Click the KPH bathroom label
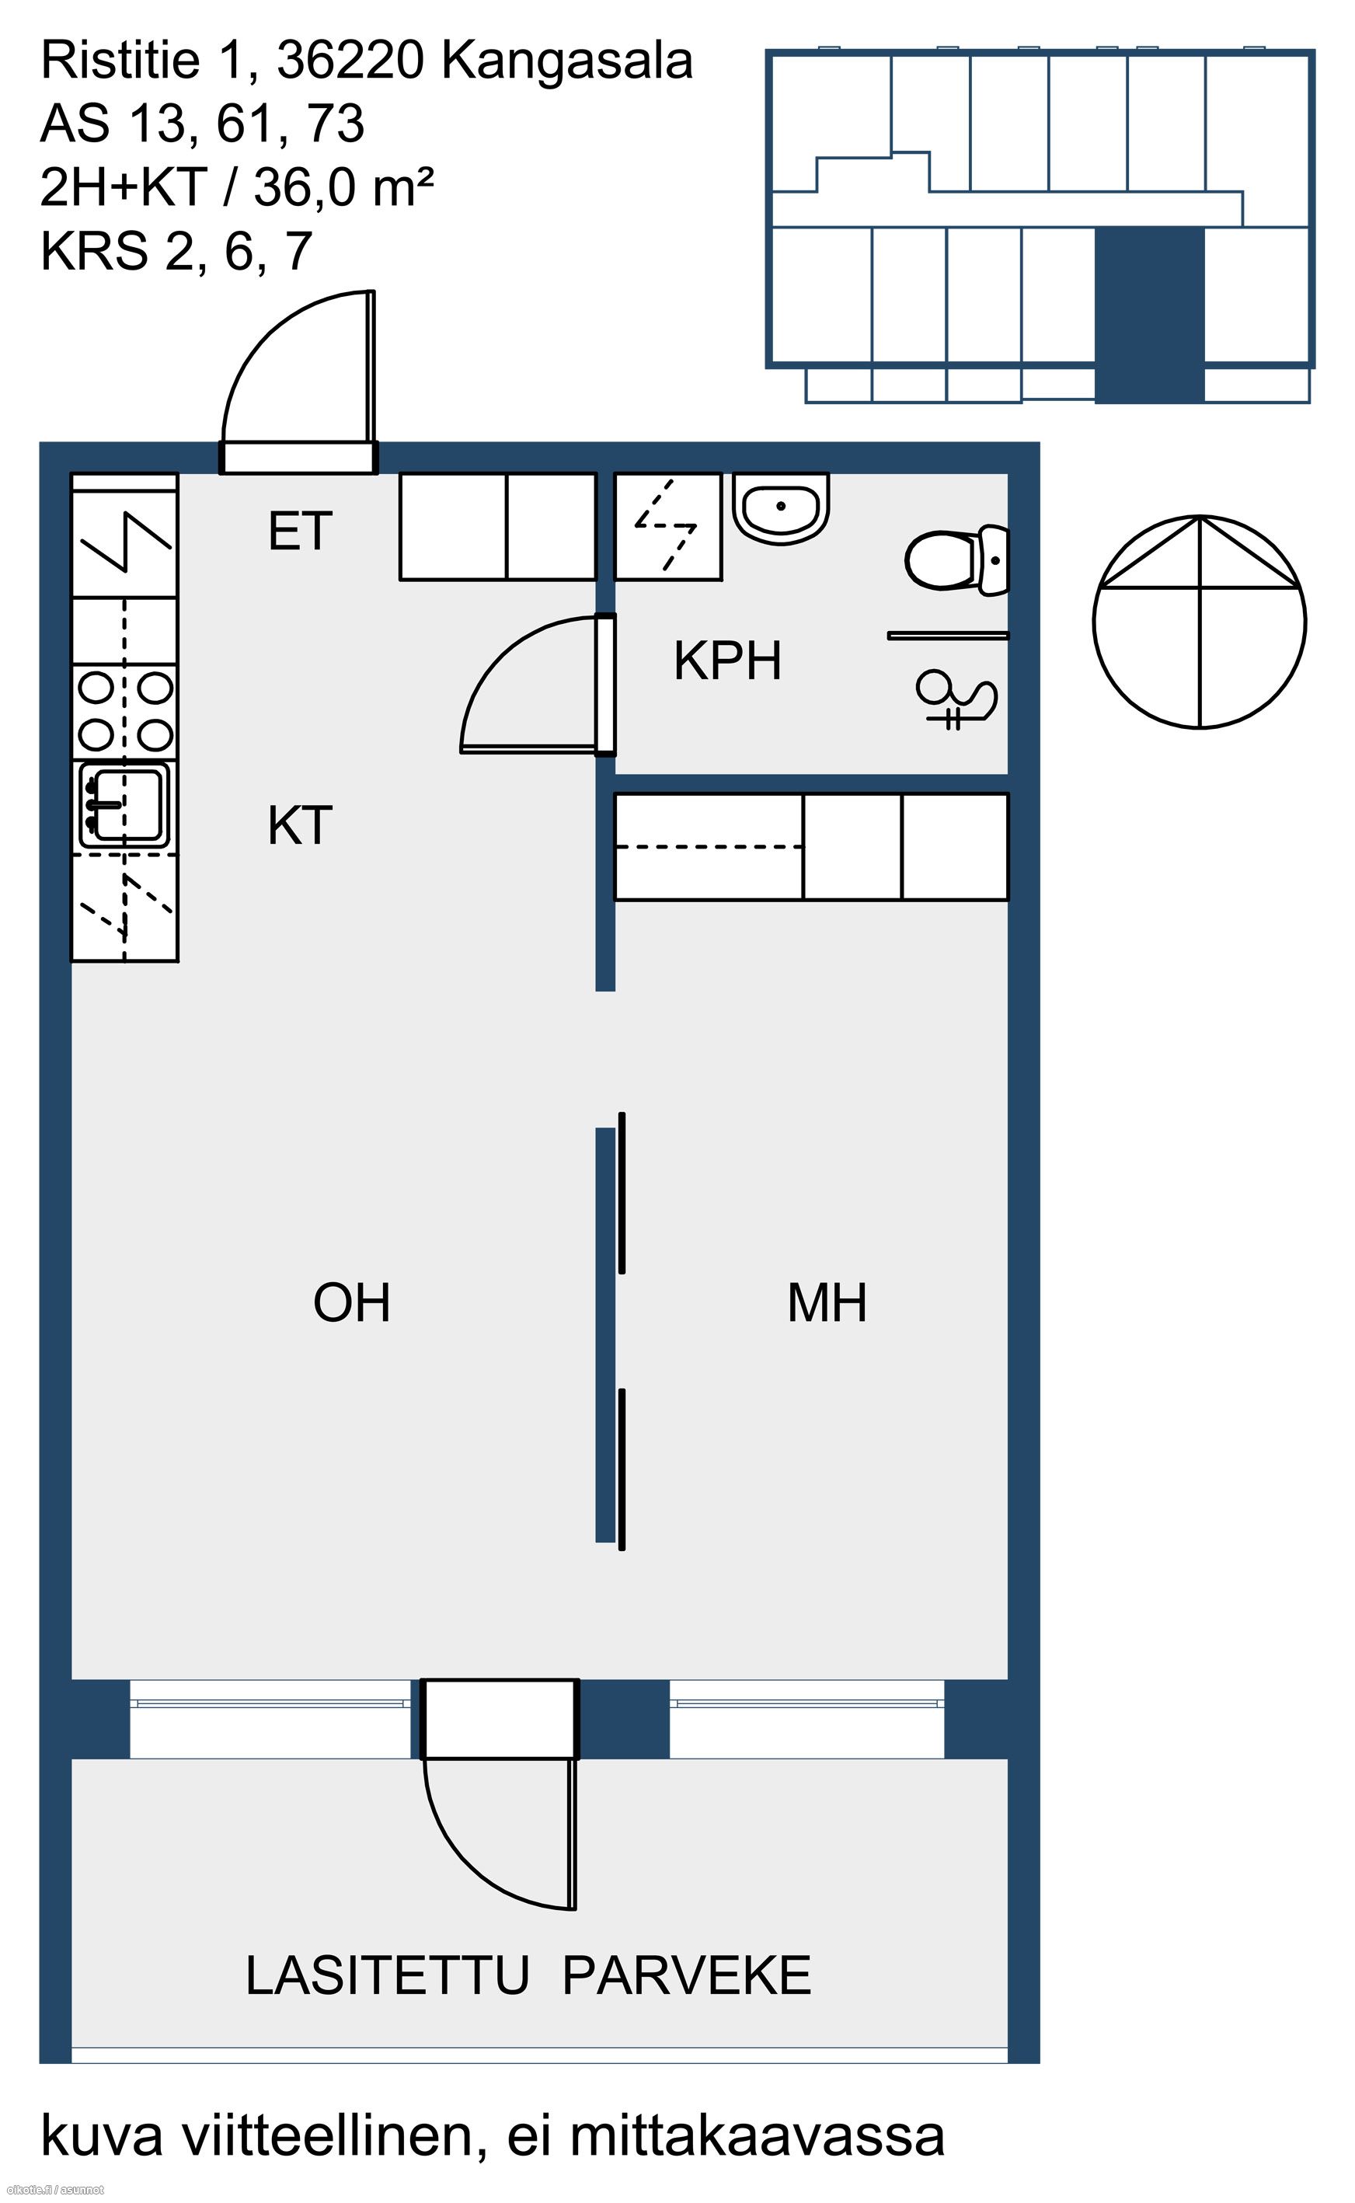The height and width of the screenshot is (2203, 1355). [x=728, y=661]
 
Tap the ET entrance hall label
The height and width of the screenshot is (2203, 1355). [x=300, y=531]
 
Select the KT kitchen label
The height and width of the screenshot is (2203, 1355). [x=300, y=825]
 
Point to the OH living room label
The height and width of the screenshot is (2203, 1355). [x=352, y=1303]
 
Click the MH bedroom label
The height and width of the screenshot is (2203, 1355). [x=826, y=1303]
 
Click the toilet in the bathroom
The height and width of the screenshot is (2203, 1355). [x=957, y=560]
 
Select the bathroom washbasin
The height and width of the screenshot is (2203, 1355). [x=782, y=508]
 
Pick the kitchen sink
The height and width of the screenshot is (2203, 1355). [x=123, y=805]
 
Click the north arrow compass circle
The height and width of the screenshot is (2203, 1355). [x=1200, y=621]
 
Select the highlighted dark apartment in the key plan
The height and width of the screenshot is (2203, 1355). [x=1150, y=315]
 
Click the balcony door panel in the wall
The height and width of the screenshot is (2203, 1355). [x=500, y=1719]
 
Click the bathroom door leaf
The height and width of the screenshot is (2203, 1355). [x=606, y=684]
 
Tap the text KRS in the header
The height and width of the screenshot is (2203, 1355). [x=94, y=251]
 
